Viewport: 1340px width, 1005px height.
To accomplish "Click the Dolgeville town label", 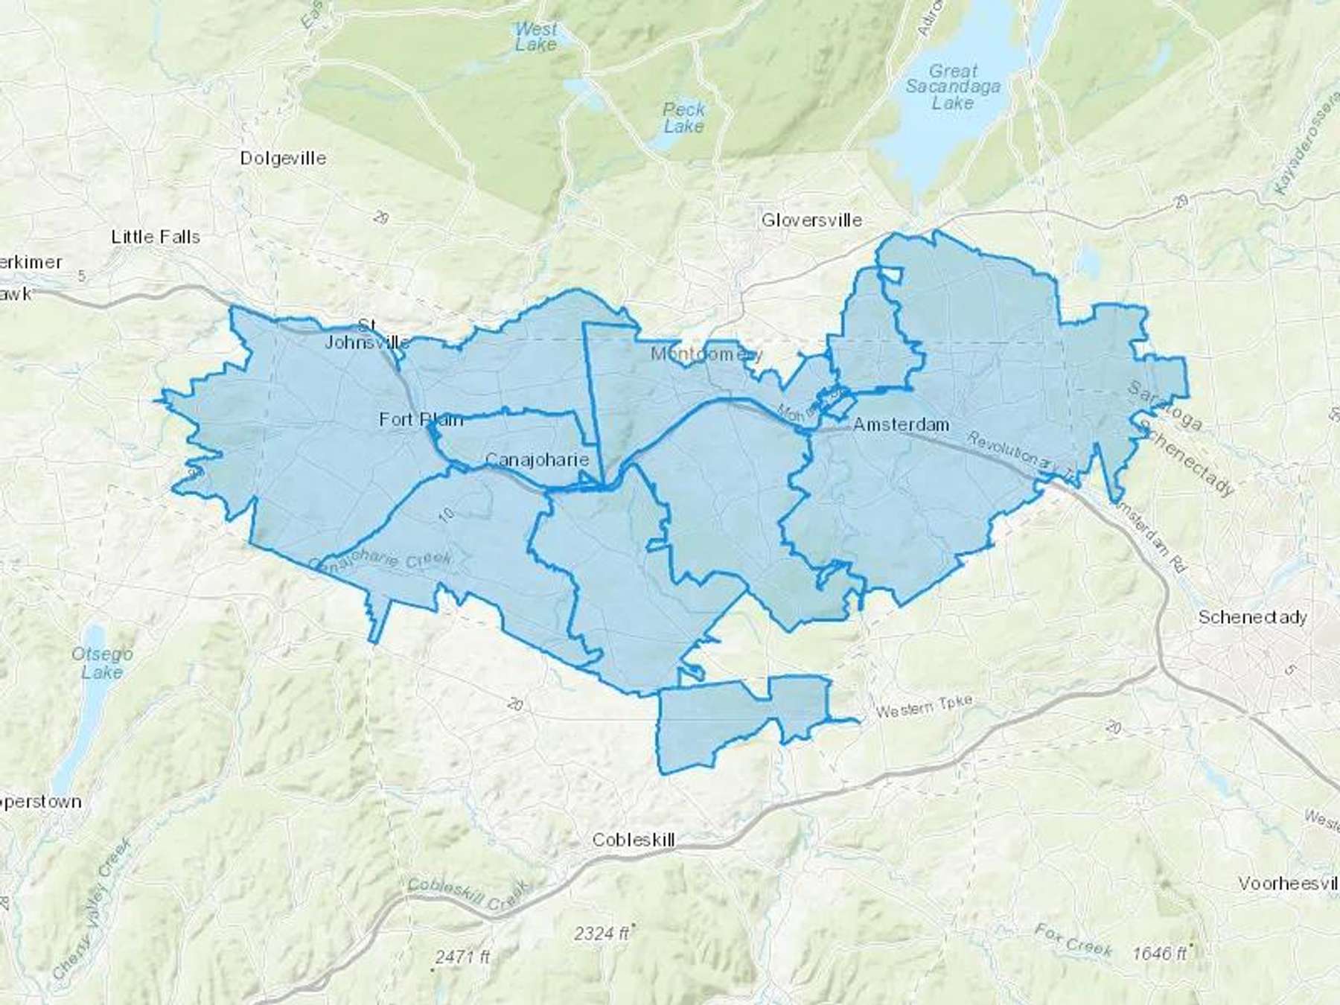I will coord(283,158).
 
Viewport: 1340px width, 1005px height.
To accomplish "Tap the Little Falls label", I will coord(156,237).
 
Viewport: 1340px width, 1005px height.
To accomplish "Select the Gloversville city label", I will coord(811,220).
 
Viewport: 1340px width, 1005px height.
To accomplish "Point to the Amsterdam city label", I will coord(901,424).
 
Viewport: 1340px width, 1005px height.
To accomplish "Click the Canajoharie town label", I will coord(537,459).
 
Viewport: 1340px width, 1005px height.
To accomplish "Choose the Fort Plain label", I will coord(421,419).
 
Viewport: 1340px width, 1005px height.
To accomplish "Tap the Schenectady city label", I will coord(1252,617).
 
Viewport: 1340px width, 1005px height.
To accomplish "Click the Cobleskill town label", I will coord(634,840).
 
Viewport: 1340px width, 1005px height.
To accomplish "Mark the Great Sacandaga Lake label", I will coord(953,87).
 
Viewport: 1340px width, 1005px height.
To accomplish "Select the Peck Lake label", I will coord(683,118).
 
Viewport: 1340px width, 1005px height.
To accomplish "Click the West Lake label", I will coord(536,36).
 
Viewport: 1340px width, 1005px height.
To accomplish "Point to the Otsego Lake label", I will coord(102,663).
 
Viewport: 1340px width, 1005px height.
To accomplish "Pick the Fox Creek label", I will coord(1073,939).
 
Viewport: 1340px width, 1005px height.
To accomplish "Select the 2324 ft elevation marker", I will coord(602,933).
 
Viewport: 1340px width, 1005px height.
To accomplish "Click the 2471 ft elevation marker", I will coord(462,957).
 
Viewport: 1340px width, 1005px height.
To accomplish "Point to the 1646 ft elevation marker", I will coord(1159,953).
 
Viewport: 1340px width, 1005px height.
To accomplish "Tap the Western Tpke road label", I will coord(923,706).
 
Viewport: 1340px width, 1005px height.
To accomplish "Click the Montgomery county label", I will coord(706,354).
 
